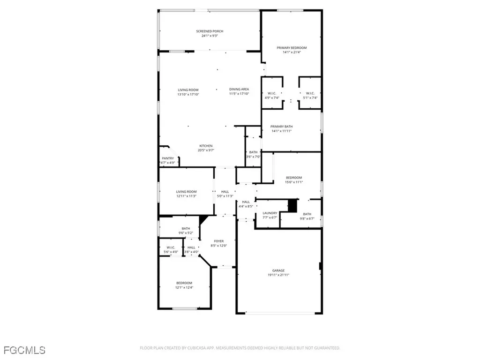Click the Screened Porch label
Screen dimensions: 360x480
point(210,31)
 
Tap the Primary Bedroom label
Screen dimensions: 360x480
point(292,48)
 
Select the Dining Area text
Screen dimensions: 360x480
point(239,89)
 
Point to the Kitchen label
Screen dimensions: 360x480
point(206,146)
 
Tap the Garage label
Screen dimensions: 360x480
point(278,270)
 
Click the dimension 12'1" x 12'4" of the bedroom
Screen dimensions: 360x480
point(184,287)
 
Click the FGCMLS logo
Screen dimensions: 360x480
point(24,350)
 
